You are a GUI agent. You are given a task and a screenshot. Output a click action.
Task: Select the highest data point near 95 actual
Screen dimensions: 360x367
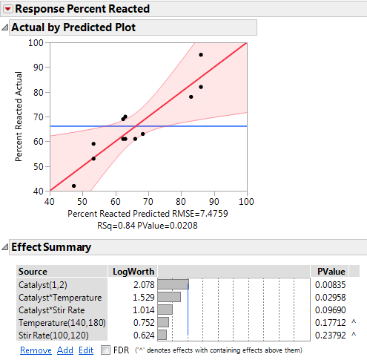pos(201,55)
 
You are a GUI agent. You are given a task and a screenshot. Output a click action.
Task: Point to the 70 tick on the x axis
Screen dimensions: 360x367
pos(148,201)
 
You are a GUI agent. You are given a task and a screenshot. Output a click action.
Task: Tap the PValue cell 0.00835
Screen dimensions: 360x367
pos(330,284)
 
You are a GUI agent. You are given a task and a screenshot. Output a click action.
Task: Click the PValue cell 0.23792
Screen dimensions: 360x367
pos(330,335)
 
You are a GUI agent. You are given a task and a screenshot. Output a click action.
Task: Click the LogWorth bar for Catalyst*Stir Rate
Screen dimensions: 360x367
pos(165,310)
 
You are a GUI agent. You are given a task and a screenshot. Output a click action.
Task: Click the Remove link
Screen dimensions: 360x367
pos(36,350)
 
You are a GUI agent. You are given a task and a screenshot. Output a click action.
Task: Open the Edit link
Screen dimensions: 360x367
pos(86,350)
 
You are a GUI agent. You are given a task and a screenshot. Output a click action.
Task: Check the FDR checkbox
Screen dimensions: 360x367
pos(105,350)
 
